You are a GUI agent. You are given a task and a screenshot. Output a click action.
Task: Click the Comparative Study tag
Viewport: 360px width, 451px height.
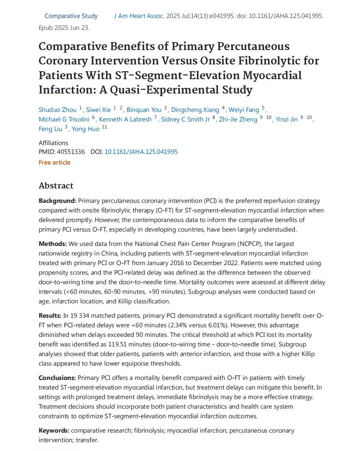click(x=71, y=16)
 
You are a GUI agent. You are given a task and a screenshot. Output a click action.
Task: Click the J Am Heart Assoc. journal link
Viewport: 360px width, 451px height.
click(x=139, y=16)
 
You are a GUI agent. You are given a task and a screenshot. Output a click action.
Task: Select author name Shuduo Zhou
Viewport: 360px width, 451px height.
click(x=57, y=110)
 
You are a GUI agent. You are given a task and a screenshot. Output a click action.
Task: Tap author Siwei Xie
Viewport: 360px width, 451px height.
click(x=98, y=110)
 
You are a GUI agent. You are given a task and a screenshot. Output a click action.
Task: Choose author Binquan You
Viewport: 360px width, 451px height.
click(x=144, y=110)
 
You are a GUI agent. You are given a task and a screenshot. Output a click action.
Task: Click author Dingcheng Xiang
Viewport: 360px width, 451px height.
click(x=195, y=110)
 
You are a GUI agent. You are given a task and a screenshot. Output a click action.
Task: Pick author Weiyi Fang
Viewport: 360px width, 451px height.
click(x=244, y=110)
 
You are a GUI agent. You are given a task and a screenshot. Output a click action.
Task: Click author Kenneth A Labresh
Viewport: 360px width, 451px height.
click(x=125, y=119)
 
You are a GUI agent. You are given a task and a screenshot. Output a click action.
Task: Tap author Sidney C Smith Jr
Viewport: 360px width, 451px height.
click(x=186, y=119)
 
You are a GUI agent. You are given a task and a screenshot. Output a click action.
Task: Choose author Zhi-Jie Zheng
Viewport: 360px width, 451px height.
click(x=238, y=119)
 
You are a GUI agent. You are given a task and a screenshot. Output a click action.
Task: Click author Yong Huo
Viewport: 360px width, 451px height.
click(x=85, y=129)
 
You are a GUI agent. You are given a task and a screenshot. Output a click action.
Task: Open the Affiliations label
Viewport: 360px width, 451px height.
click(x=53, y=143)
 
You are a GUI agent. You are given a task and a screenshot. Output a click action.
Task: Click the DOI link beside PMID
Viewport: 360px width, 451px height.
click(x=141, y=152)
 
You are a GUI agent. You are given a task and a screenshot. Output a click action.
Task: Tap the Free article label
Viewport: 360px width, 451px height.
click(x=54, y=162)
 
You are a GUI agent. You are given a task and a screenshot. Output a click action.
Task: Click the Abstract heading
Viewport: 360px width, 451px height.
click(x=56, y=186)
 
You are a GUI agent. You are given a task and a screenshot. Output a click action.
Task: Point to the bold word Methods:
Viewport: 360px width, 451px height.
click(x=53, y=244)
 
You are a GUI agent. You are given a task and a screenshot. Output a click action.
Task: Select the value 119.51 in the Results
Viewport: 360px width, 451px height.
click(x=118, y=344)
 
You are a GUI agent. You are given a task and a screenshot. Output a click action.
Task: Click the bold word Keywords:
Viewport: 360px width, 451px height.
click(x=54, y=430)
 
